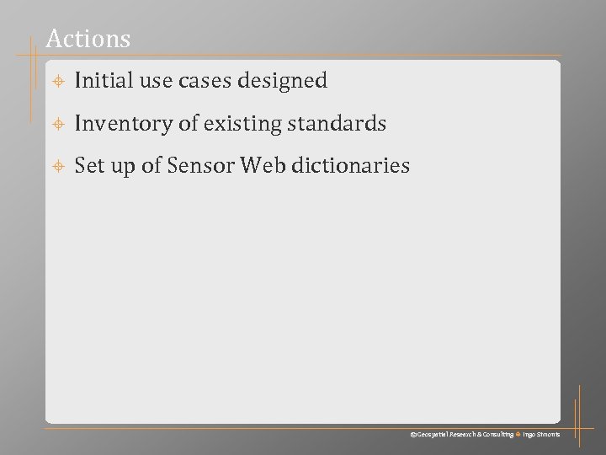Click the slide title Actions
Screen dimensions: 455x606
point(88,39)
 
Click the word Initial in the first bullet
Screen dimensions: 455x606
point(99,81)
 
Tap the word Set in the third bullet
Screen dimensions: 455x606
point(88,166)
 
